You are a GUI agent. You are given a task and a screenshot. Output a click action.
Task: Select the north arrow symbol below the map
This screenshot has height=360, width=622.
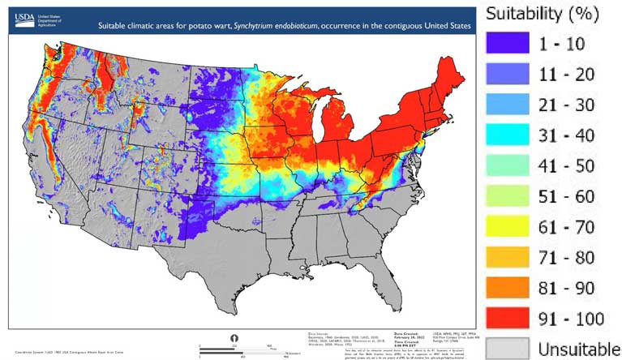(235, 337)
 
